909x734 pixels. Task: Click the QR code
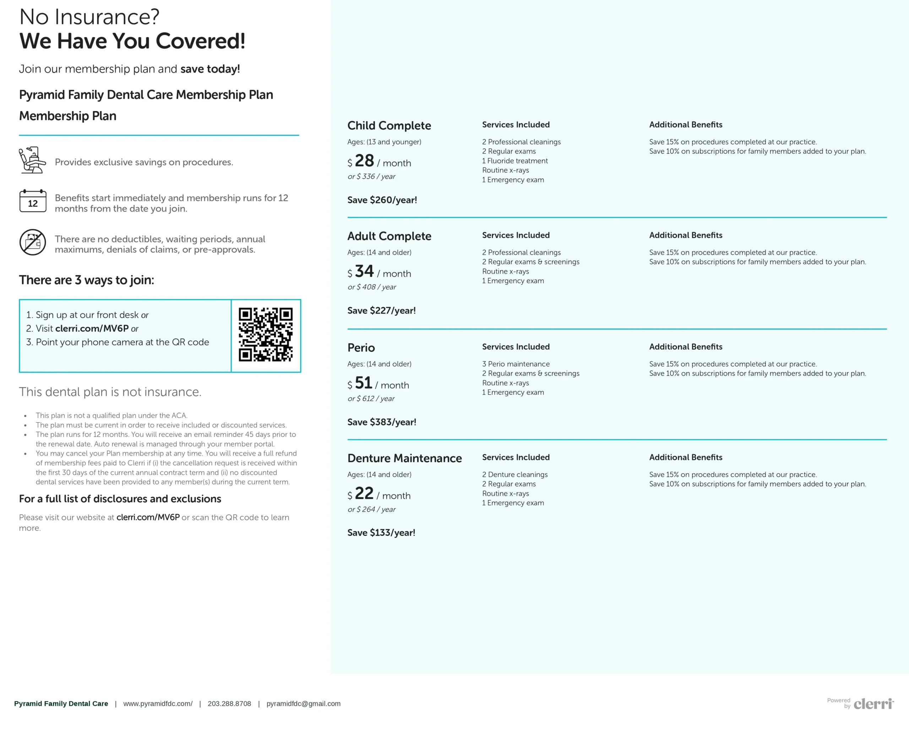(x=266, y=334)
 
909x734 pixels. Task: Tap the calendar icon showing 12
(x=33, y=201)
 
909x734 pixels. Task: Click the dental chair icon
(x=32, y=160)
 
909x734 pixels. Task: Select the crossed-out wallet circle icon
(x=33, y=242)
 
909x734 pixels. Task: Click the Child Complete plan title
(x=389, y=126)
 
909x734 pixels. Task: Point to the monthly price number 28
(x=364, y=161)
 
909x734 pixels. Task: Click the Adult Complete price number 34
(x=364, y=272)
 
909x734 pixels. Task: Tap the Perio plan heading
(x=361, y=347)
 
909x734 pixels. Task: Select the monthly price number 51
(x=363, y=383)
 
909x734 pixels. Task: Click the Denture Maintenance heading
(x=404, y=458)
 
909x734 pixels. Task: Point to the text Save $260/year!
(x=382, y=200)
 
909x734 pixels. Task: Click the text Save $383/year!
(x=382, y=422)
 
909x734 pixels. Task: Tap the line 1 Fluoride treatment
(x=515, y=161)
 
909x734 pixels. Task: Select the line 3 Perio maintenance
(x=516, y=364)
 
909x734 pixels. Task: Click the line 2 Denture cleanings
(x=515, y=475)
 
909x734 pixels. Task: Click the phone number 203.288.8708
(x=229, y=703)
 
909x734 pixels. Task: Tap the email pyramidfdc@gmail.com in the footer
(x=303, y=703)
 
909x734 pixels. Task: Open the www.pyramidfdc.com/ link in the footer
(x=158, y=703)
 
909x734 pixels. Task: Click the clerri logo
(x=873, y=704)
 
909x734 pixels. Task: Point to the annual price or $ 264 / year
(x=371, y=509)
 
